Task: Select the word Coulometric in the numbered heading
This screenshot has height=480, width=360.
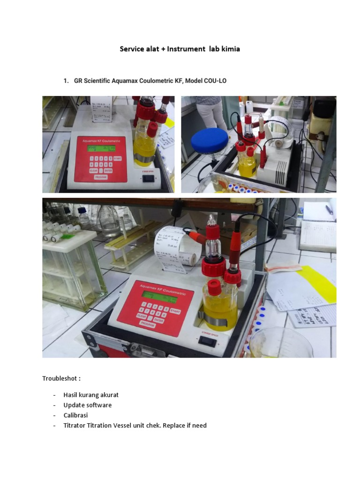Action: tap(157, 81)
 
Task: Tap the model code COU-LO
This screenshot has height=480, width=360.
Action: tap(215, 81)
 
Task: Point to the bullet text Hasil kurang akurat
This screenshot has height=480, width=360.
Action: tap(91, 395)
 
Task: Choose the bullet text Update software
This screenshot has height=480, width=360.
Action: tap(88, 405)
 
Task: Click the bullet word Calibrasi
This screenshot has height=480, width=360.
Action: tap(76, 415)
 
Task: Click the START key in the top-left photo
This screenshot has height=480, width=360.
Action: tap(117, 158)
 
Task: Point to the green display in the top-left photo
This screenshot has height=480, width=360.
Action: tap(100, 149)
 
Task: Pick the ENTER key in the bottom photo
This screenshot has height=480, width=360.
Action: tap(158, 321)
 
